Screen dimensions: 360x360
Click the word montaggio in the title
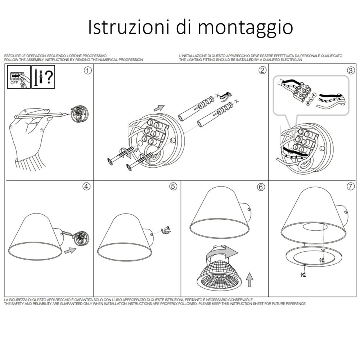tap(245, 28)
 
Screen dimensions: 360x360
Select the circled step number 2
tap(262, 70)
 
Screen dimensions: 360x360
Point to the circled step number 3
tap(351, 71)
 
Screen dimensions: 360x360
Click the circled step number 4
tap(86, 186)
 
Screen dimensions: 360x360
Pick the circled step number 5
tap(173, 186)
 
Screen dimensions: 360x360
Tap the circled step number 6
tap(261, 187)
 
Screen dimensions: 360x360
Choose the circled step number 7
tap(351, 186)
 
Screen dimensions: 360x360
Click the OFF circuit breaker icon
tap(19, 77)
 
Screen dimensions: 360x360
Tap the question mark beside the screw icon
tap(49, 77)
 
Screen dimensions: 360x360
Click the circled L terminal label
tap(314, 95)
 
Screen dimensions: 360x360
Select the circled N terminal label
tap(308, 104)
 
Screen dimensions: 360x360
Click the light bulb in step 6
tap(219, 276)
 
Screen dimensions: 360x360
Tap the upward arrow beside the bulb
tap(249, 280)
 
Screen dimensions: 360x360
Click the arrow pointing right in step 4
tap(70, 251)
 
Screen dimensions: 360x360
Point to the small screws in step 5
tap(166, 230)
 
